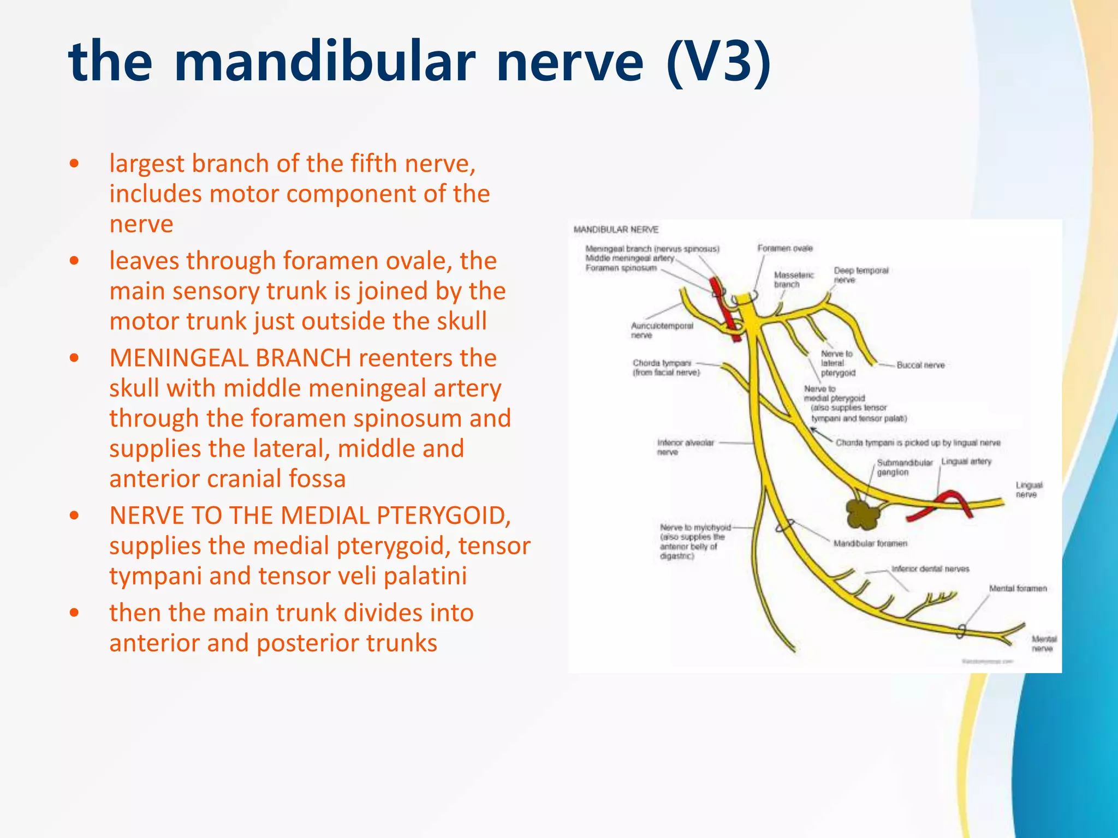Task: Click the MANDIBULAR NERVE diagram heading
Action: [616, 230]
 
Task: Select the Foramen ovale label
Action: [784, 248]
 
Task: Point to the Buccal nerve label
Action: [920, 365]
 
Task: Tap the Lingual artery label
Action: [966, 462]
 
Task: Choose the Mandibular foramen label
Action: [870, 543]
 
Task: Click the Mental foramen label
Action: [1018, 588]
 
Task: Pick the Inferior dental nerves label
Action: [930, 568]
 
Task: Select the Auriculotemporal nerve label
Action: [662, 330]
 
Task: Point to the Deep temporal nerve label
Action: [861, 275]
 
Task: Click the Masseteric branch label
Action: [793, 279]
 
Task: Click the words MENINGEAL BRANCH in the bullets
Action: [230, 358]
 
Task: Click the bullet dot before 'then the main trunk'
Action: [75, 613]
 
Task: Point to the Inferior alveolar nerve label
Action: [685, 447]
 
